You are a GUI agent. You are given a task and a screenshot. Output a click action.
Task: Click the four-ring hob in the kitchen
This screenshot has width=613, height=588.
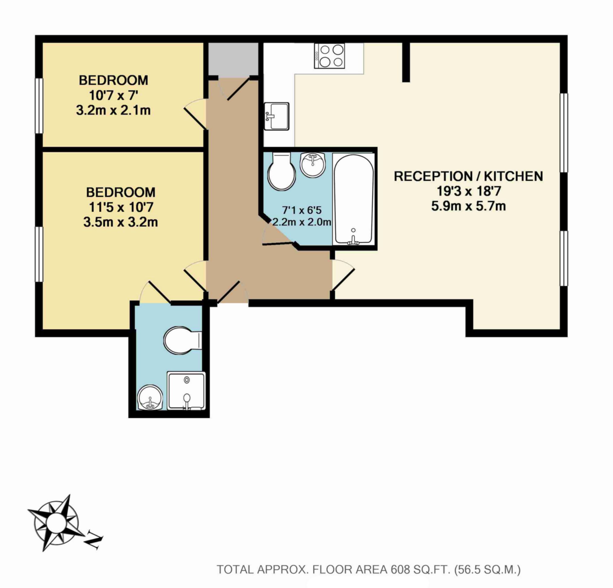329,56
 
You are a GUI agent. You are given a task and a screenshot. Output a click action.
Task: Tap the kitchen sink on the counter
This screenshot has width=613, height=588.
276,116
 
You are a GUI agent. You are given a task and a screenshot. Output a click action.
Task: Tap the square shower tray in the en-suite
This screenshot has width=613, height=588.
186,391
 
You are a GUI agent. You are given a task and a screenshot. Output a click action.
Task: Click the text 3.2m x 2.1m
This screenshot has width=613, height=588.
113,111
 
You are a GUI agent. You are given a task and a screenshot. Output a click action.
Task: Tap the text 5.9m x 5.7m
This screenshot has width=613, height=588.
468,206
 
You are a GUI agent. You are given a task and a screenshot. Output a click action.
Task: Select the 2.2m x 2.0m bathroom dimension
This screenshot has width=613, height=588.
302,222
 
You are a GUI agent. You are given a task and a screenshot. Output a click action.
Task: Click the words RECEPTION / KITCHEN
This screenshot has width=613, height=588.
468,177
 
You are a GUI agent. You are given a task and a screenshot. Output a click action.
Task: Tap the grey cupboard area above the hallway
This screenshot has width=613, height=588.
233,59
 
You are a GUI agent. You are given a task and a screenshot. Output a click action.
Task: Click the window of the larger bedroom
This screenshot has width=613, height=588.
39,254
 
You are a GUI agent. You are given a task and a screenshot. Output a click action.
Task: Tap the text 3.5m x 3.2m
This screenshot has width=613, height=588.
120,222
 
